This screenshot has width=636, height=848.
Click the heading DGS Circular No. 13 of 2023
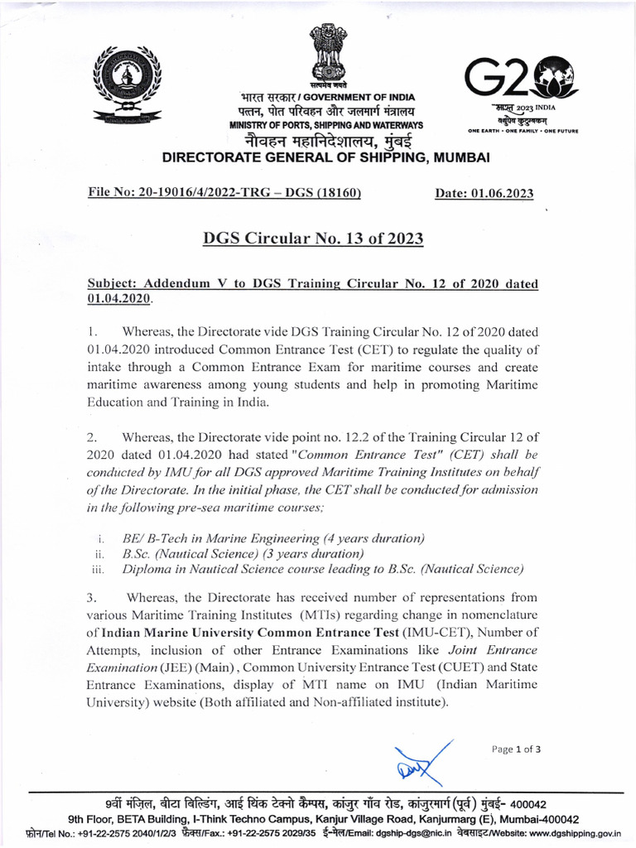point(313,239)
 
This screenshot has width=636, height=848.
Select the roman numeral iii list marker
point(97,570)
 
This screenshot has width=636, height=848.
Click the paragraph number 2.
point(93,436)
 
